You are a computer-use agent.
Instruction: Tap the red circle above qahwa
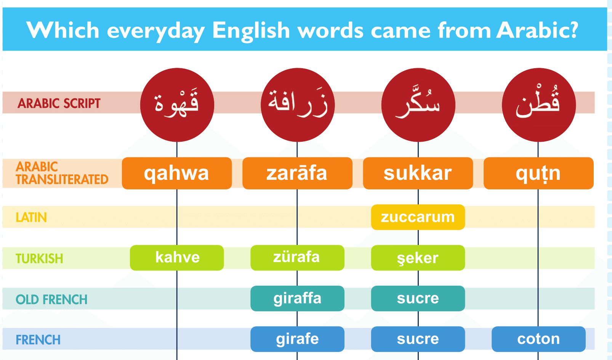[177, 105]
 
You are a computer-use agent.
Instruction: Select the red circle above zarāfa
[298, 105]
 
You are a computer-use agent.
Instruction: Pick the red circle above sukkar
[418, 105]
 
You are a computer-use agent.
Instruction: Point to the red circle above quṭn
[539, 105]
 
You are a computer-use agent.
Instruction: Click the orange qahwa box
[177, 173]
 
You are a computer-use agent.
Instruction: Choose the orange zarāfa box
[297, 173]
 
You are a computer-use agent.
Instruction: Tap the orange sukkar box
[418, 173]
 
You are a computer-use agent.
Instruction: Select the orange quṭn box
[538, 173]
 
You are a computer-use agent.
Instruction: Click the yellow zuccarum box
[418, 217]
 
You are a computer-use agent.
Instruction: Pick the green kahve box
[177, 258]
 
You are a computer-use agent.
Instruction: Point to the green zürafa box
[297, 258]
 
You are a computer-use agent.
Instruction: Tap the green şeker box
[418, 258]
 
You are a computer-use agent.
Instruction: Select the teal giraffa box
[297, 299]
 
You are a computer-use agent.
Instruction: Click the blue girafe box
[297, 339]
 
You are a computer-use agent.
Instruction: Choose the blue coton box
[538, 339]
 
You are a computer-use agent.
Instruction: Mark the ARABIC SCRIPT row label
[59, 104]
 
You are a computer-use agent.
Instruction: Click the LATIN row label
[31, 218]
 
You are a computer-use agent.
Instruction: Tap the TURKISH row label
[39, 258]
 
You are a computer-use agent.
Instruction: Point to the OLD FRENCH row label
[52, 299]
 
